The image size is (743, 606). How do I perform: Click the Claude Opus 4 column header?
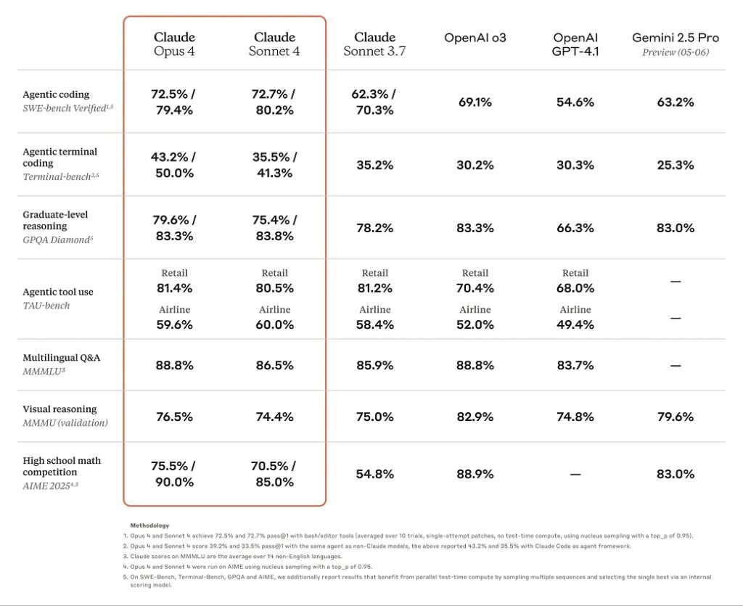pos(174,44)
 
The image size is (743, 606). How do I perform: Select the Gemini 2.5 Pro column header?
pos(675,44)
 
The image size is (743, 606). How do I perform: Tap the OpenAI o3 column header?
pos(475,38)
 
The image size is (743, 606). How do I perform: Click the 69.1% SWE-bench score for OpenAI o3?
pos(475,102)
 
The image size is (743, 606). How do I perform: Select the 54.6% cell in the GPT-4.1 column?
pos(575,102)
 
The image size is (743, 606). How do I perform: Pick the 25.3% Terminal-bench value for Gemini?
pos(675,165)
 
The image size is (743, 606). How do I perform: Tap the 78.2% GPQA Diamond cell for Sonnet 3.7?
pos(374,228)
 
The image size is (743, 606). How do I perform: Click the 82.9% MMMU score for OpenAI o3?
pos(475,417)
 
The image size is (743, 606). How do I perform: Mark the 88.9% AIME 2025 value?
pos(475,474)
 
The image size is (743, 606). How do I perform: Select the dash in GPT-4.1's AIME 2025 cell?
pos(575,474)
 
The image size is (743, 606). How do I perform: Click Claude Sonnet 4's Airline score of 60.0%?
pos(274,325)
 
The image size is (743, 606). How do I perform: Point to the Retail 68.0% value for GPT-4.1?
pos(575,288)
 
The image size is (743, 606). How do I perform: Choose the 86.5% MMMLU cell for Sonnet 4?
pos(274,365)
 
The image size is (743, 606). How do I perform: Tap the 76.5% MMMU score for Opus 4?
pos(174,417)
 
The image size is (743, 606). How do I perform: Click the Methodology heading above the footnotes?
pos(150,525)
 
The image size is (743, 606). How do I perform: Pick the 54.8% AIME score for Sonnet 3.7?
pos(374,474)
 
